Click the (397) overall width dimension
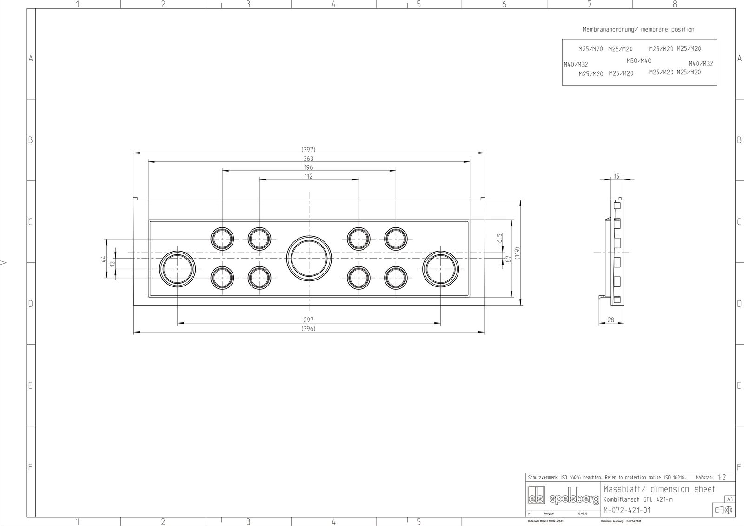(308, 150)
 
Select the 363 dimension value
(308, 159)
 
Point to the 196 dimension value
(308, 167)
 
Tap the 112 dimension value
(308, 176)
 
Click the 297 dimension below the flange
(308, 320)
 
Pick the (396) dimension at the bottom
(308, 329)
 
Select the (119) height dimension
(517, 253)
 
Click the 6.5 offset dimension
(499, 238)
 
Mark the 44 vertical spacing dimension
(104, 259)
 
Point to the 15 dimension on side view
(617, 176)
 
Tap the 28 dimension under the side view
(611, 320)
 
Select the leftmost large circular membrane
(178, 268)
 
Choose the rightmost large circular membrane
(441, 268)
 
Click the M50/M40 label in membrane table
(638, 61)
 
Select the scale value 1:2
(721, 478)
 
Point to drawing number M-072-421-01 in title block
(626, 510)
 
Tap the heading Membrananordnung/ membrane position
(638, 29)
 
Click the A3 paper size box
(730, 499)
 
